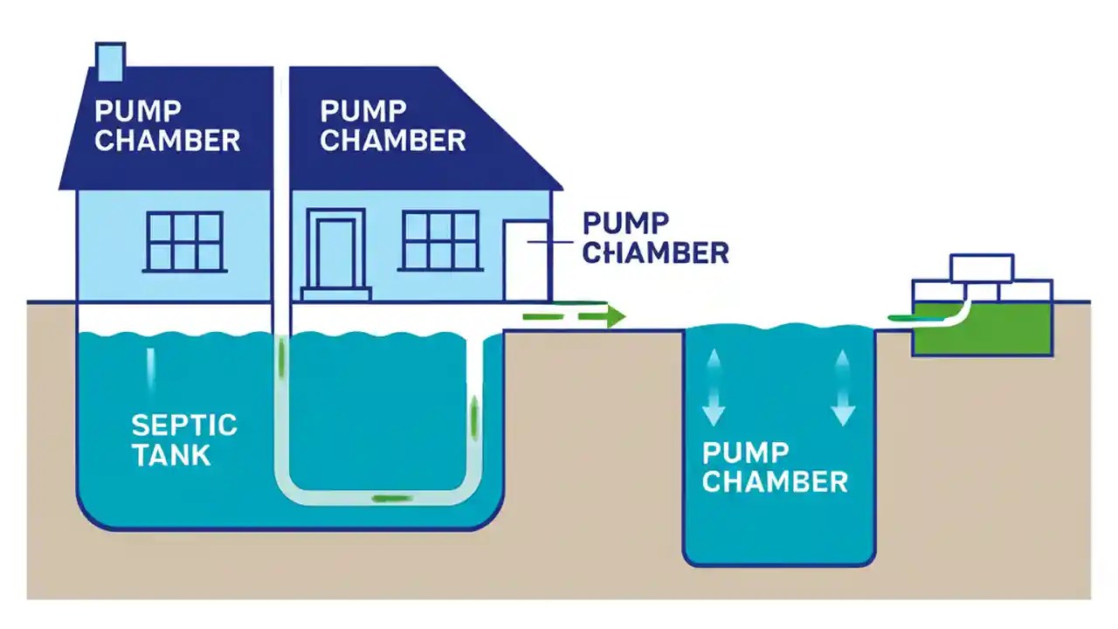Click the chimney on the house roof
click(x=111, y=59)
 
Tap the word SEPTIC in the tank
click(x=184, y=425)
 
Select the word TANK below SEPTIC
click(x=171, y=454)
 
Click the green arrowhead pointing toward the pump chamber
click(x=616, y=315)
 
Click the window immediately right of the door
click(x=440, y=240)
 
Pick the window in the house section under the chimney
click(x=184, y=241)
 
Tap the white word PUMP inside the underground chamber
click(x=745, y=453)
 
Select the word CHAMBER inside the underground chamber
click(x=775, y=481)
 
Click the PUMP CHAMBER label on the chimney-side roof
click(x=167, y=126)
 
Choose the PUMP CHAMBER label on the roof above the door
click(x=393, y=126)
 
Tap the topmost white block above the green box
click(x=982, y=266)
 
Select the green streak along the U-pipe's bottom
click(x=392, y=499)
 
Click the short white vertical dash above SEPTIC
click(x=151, y=368)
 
